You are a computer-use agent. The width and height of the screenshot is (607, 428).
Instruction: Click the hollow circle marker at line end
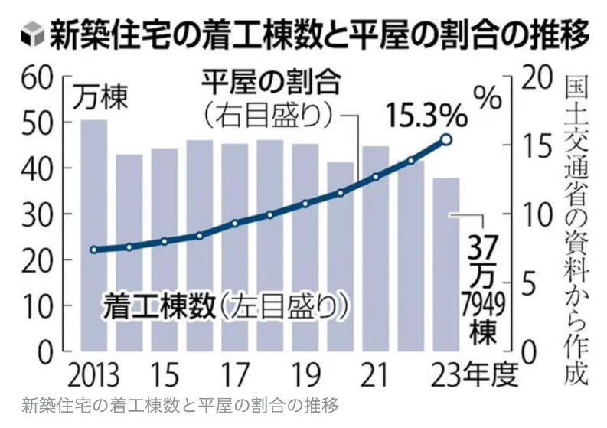click(x=446, y=139)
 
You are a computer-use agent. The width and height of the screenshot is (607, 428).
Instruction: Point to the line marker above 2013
click(x=94, y=250)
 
